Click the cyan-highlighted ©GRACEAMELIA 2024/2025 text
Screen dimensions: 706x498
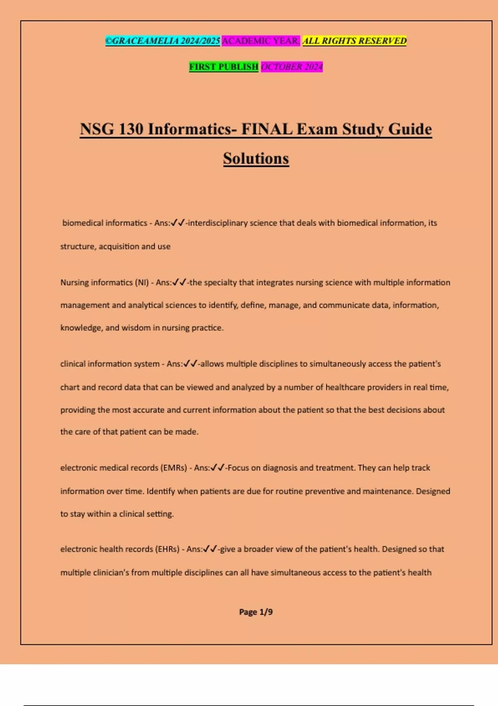coord(163,41)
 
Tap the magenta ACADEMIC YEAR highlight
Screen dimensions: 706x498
coord(261,41)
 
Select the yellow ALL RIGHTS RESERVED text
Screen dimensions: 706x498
coord(354,41)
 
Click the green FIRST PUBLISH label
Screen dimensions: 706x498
coord(224,66)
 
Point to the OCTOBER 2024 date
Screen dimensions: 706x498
coord(292,66)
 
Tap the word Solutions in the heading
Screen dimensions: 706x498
coord(256,159)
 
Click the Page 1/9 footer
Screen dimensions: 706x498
coord(256,612)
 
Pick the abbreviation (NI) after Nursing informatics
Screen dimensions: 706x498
coord(142,282)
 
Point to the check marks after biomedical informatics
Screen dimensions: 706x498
coord(178,223)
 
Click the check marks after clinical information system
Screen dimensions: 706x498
coord(190,364)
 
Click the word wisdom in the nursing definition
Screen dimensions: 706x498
coord(136,328)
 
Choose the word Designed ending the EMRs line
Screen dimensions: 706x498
coord(433,491)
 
